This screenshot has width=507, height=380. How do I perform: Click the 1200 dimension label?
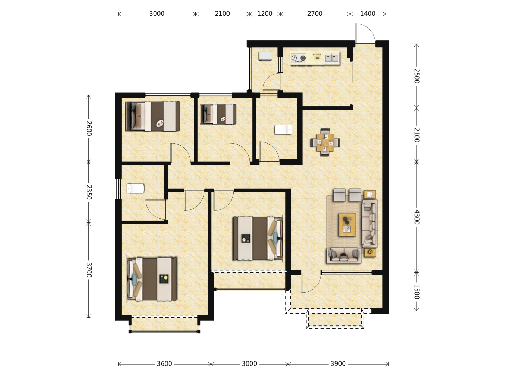click(x=265, y=14)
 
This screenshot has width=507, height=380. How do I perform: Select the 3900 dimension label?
click(x=338, y=364)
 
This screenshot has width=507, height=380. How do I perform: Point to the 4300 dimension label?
click(x=417, y=217)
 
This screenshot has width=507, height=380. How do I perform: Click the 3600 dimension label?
click(x=164, y=364)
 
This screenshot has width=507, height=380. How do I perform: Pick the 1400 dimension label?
click(x=368, y=14)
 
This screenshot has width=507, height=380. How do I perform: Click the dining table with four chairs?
click(x=325, y=142)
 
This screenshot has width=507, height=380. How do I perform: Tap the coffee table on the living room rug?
click(x=347, y=224)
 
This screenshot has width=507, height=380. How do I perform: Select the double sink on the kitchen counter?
click(x=332, y=58)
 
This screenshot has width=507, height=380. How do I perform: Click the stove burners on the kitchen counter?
click(x=299, y=58)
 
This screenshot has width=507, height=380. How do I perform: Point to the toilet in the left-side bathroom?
click(x=135, y=189)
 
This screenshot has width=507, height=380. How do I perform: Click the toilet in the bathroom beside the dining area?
click(x=283, y=130)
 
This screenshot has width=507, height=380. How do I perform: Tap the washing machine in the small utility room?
click(x=265, y=56)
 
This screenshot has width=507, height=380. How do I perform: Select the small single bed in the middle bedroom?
click(x=218, y=114)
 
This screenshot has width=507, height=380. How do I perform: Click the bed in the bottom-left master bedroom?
click(x=152, y=279)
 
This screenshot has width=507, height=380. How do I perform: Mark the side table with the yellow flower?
click(x=370, y=253)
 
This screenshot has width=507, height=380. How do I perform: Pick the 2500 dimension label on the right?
click(x=417, y=76)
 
